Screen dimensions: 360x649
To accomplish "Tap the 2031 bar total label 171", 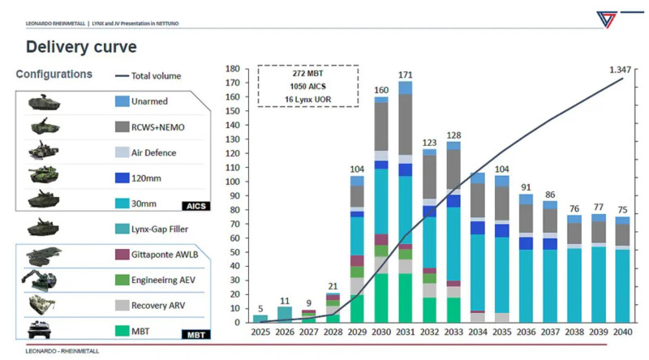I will coord(405,75).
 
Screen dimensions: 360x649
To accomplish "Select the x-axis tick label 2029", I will coord(357,332).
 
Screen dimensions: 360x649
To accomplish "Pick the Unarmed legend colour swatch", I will coord(122,101).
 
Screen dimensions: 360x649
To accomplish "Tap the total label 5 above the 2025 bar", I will coord(260,309).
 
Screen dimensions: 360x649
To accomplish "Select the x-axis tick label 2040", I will coord(622,332).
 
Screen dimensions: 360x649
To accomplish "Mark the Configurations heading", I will coord(54,75).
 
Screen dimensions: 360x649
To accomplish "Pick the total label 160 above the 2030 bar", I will coord(380,89).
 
